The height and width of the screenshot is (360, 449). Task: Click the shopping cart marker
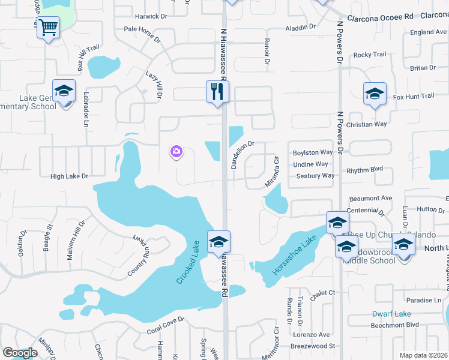click(48, 26)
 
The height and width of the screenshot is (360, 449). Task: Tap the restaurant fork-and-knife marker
click(217, 91)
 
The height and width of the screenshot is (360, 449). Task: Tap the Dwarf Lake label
click(391, 313)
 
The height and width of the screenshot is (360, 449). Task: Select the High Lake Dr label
click(69, 176)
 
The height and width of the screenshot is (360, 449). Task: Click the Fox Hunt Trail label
click(413, 96)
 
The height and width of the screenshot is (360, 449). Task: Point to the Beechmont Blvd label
click(394, 325)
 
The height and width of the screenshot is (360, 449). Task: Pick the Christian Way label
click(367, 124)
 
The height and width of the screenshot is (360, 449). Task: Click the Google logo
click(19, 353)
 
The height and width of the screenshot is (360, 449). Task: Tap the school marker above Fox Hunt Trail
click(375, 93)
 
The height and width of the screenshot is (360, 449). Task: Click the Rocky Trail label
click(370, 55)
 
